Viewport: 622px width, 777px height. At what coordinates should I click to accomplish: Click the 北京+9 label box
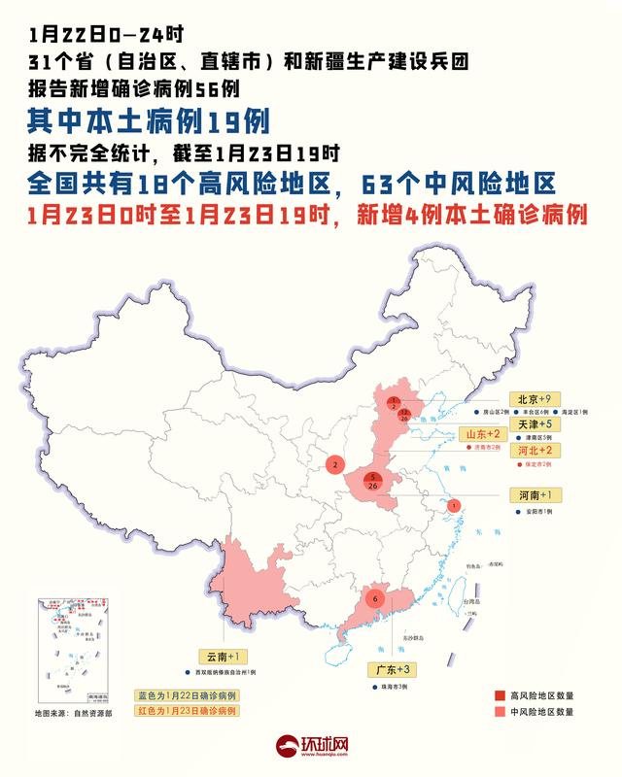coord(533,398)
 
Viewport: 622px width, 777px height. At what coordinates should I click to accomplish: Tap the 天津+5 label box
coord(533,424)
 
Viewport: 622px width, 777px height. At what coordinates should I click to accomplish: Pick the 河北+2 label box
coord(533,451)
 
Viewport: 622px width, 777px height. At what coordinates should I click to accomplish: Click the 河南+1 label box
coord(533,495)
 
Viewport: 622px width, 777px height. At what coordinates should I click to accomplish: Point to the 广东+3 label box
coord(395,670)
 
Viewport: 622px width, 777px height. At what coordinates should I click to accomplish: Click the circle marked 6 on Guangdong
coord(375,599)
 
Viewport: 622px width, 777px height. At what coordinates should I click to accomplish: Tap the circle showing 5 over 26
coord(374,479)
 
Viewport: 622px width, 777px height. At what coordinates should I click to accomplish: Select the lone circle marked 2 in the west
coord(334,466)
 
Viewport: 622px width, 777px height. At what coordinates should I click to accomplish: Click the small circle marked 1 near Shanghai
coord(454,505)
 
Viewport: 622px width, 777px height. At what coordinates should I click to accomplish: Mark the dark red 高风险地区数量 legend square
coord(499,695)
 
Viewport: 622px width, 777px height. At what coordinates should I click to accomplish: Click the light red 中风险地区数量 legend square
coord(499,711)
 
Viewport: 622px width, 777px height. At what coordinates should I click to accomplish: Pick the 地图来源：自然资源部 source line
coord(73,714)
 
